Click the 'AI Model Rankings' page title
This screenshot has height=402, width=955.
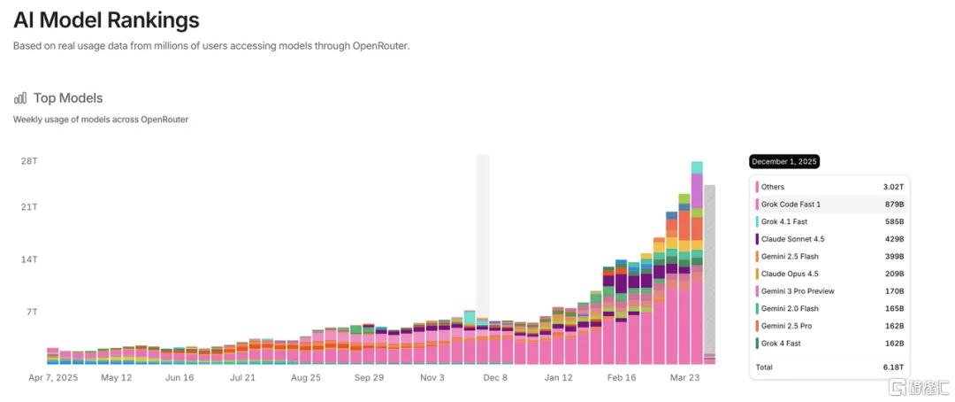click(x=107, y=19)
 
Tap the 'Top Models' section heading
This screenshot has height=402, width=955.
click(x=68, y=97)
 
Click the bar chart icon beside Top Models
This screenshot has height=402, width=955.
click(x=20, y=97)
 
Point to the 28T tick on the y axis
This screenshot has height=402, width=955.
click(x=30, y=161)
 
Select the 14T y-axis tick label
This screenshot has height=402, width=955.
click(x=30, y=259)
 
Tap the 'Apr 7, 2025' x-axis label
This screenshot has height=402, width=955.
click(x=54, y=377)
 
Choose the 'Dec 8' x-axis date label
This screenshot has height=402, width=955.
click(x=495, y=377)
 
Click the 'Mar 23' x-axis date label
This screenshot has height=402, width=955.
click(x=684, y=377)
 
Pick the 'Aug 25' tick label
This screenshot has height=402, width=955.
click(x=306, y=377)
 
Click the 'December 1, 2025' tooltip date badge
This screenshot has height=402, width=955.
click(x=783, y=162)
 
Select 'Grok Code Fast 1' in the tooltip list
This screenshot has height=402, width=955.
click(x=791, y=204)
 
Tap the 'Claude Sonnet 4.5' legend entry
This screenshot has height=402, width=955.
click(x=792, y=238)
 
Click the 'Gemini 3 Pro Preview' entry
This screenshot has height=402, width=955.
click(x=798, y=291)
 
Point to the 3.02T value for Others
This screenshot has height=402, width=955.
click(x=893, y=187)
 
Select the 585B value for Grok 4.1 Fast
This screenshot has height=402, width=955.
click(x=895, y=221)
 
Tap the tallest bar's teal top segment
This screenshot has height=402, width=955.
click(x=697, y=167)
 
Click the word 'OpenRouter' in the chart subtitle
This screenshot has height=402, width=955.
click(x=164, y=120)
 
